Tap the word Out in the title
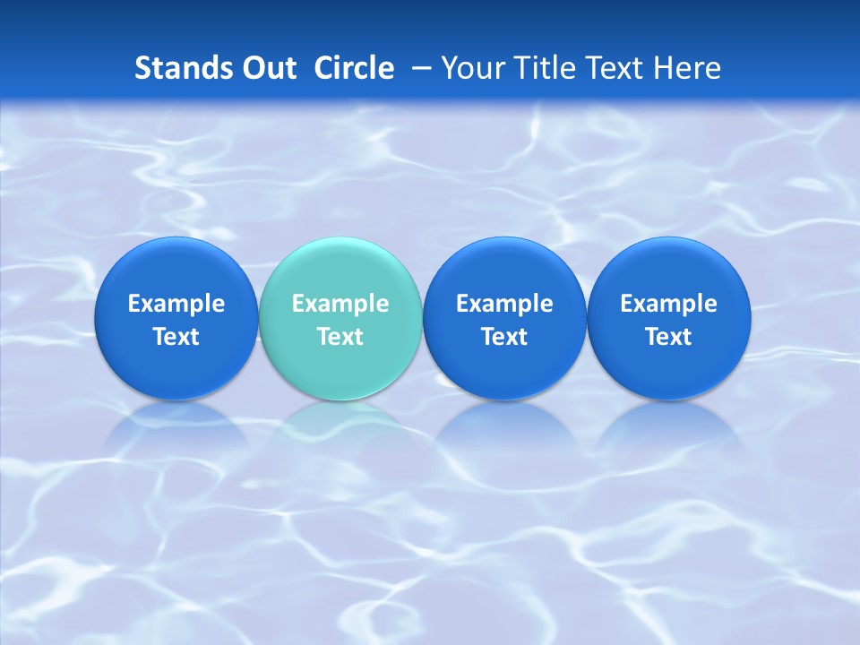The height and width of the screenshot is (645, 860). pos(270,68)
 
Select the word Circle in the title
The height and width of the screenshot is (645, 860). pos(354,68)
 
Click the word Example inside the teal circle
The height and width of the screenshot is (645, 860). pos(340,304)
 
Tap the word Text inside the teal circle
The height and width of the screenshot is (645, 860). pos(340,337)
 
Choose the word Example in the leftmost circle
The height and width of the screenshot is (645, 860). pos(176,304)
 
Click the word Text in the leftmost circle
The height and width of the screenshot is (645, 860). pos(176,337)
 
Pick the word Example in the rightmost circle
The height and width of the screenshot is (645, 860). pos(668,304)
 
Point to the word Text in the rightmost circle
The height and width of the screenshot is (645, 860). pos(668,337)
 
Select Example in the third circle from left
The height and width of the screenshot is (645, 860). pos(504,304)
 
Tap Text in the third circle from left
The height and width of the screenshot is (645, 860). pos(504,337)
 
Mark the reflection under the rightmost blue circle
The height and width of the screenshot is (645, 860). pos(668,426)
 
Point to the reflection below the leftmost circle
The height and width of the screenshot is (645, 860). pos(176,426)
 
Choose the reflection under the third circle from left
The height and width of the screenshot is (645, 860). pos(504,426)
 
